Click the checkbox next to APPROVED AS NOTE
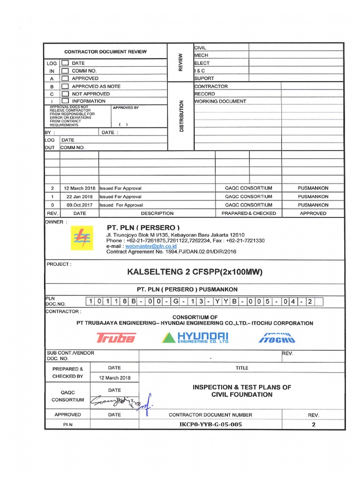65,86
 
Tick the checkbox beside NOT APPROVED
65,94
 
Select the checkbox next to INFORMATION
65,101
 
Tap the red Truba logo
116,337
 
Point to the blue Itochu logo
277,337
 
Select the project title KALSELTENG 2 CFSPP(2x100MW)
195,272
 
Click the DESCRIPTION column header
157,213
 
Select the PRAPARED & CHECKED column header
248,213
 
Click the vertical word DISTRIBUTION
181,116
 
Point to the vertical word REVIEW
180,62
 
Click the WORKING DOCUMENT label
220,101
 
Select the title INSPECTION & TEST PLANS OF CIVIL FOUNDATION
242,391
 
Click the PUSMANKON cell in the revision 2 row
313,188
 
